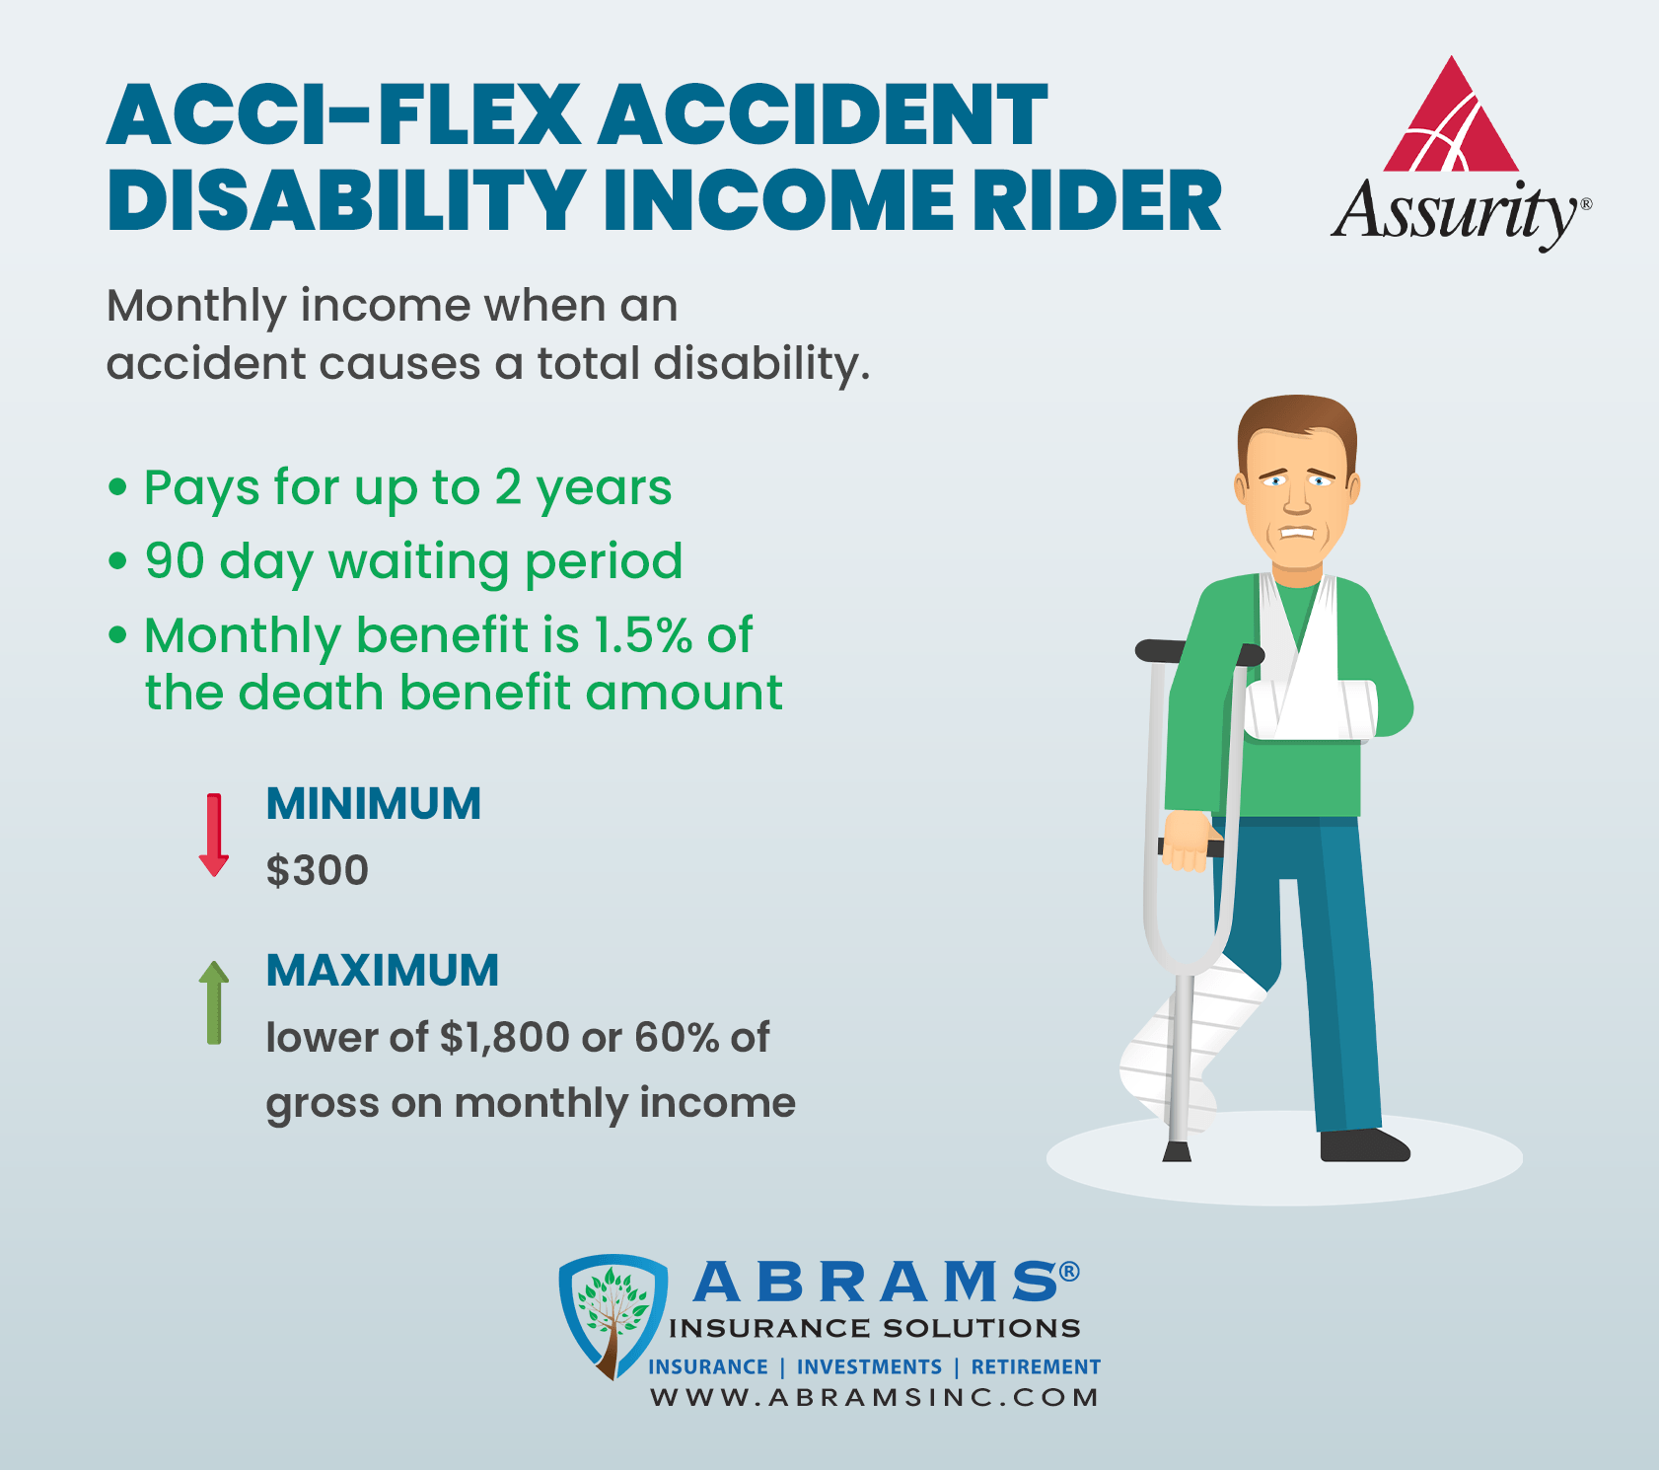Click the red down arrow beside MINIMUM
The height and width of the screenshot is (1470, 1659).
[x=214, y=835]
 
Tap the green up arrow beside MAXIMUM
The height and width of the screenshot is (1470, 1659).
[x=214, y=1002]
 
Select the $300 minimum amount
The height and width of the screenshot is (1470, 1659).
[x=318, y=870]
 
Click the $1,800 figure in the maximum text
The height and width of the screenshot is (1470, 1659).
[x=505, y=1038]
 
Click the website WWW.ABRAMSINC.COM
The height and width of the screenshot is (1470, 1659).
[x=874, y=1397]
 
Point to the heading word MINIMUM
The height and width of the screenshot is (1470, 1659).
[x=374, y=804]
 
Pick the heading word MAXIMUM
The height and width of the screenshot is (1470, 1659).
[x=383, y=971]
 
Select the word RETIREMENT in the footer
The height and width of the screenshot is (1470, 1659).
[x=1036, y=1367]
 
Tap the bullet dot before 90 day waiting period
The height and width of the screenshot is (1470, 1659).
[x=118, y=561]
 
